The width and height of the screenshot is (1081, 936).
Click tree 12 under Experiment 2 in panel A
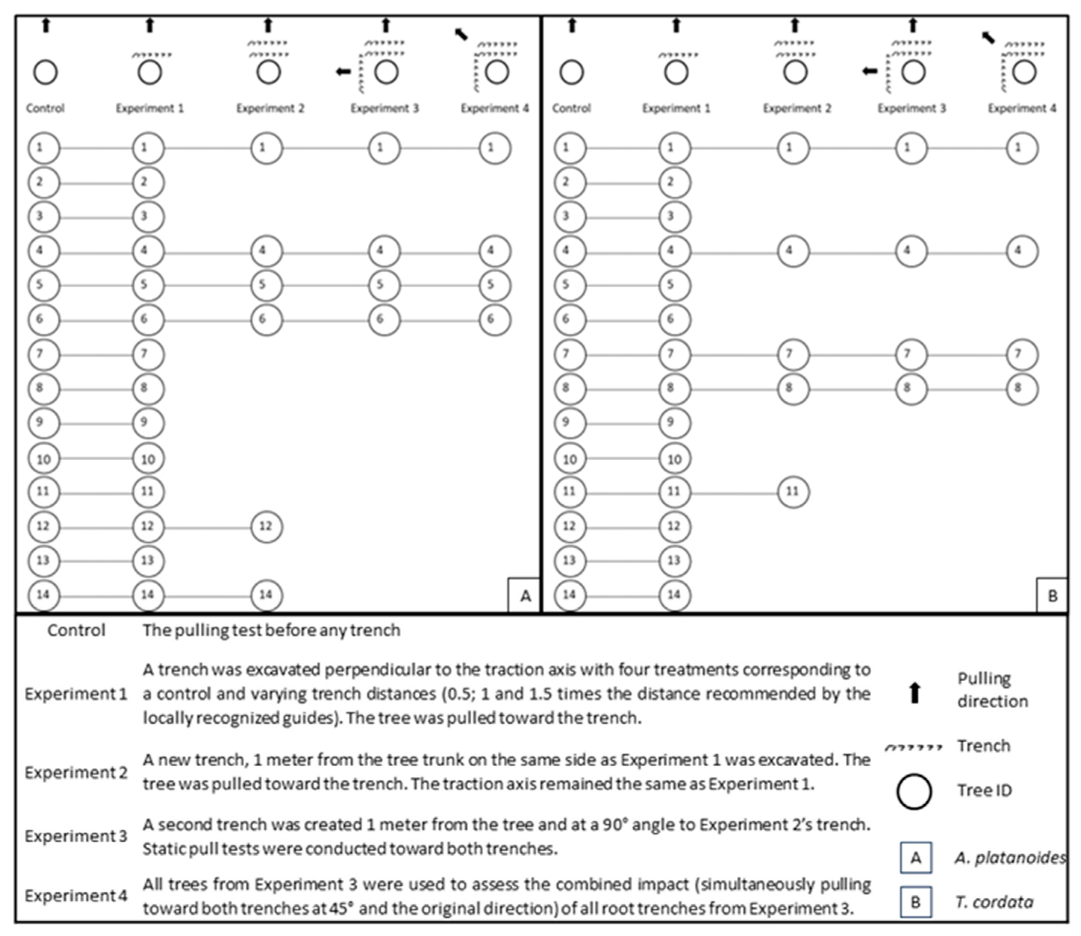click(x=266, y=526)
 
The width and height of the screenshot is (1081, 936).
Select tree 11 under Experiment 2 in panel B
click(x=793, y=492)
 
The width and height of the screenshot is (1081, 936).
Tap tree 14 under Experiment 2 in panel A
click(x=266, y=595)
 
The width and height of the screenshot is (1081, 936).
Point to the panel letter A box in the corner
click(x=525, y=595)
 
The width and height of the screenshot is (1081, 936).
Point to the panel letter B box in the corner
click(x=1052, y=595)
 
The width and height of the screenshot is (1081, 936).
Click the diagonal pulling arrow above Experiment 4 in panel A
click(x=461, y=34)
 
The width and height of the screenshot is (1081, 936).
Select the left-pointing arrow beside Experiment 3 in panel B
click(x=869, y=72)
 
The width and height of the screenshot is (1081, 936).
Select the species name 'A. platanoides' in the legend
click(x=1009, y=858)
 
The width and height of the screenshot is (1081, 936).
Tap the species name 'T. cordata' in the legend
click(x=994, y=902)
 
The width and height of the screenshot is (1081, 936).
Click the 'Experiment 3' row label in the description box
click(x=76, y=836)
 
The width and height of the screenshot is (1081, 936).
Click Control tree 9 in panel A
click(x=44, y=423)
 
